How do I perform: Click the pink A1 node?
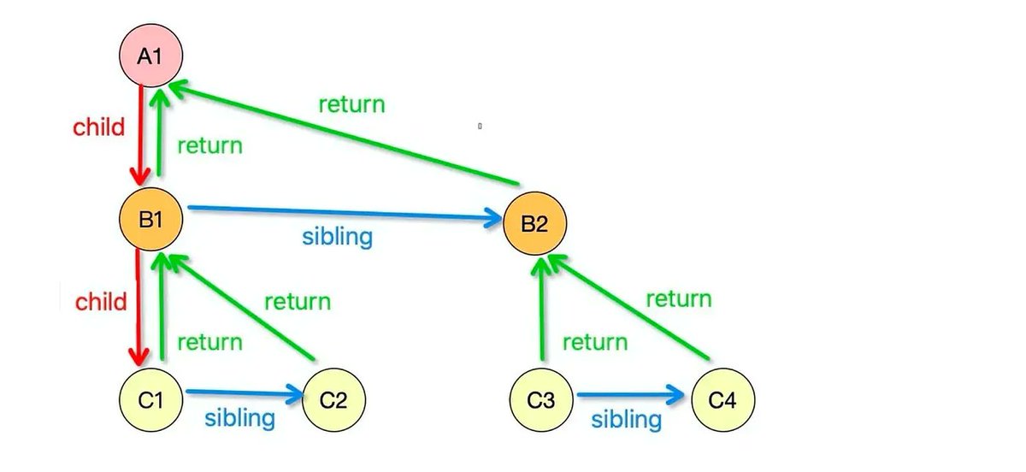(150, 56)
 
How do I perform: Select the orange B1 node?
(150, 219)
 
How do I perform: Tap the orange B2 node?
(534, 224)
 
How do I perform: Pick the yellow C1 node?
(150, 400)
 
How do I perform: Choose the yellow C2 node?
(334, 400)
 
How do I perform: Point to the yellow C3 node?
(541, 400)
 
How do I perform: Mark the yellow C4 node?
(722, 400)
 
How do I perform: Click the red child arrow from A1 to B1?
(140, 136)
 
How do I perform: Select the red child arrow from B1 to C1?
(138, 308)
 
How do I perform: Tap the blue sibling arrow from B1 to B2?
(345, 213)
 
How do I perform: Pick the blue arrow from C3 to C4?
(631, 394)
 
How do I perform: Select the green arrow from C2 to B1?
(241, 307)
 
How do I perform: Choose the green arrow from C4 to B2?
(628, 307)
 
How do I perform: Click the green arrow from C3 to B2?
(542, 309)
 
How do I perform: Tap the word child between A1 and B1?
(98, 127)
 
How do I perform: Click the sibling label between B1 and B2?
(337, 238)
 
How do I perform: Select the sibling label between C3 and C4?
(626, 420)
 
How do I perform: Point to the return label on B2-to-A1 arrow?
(351, 104)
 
